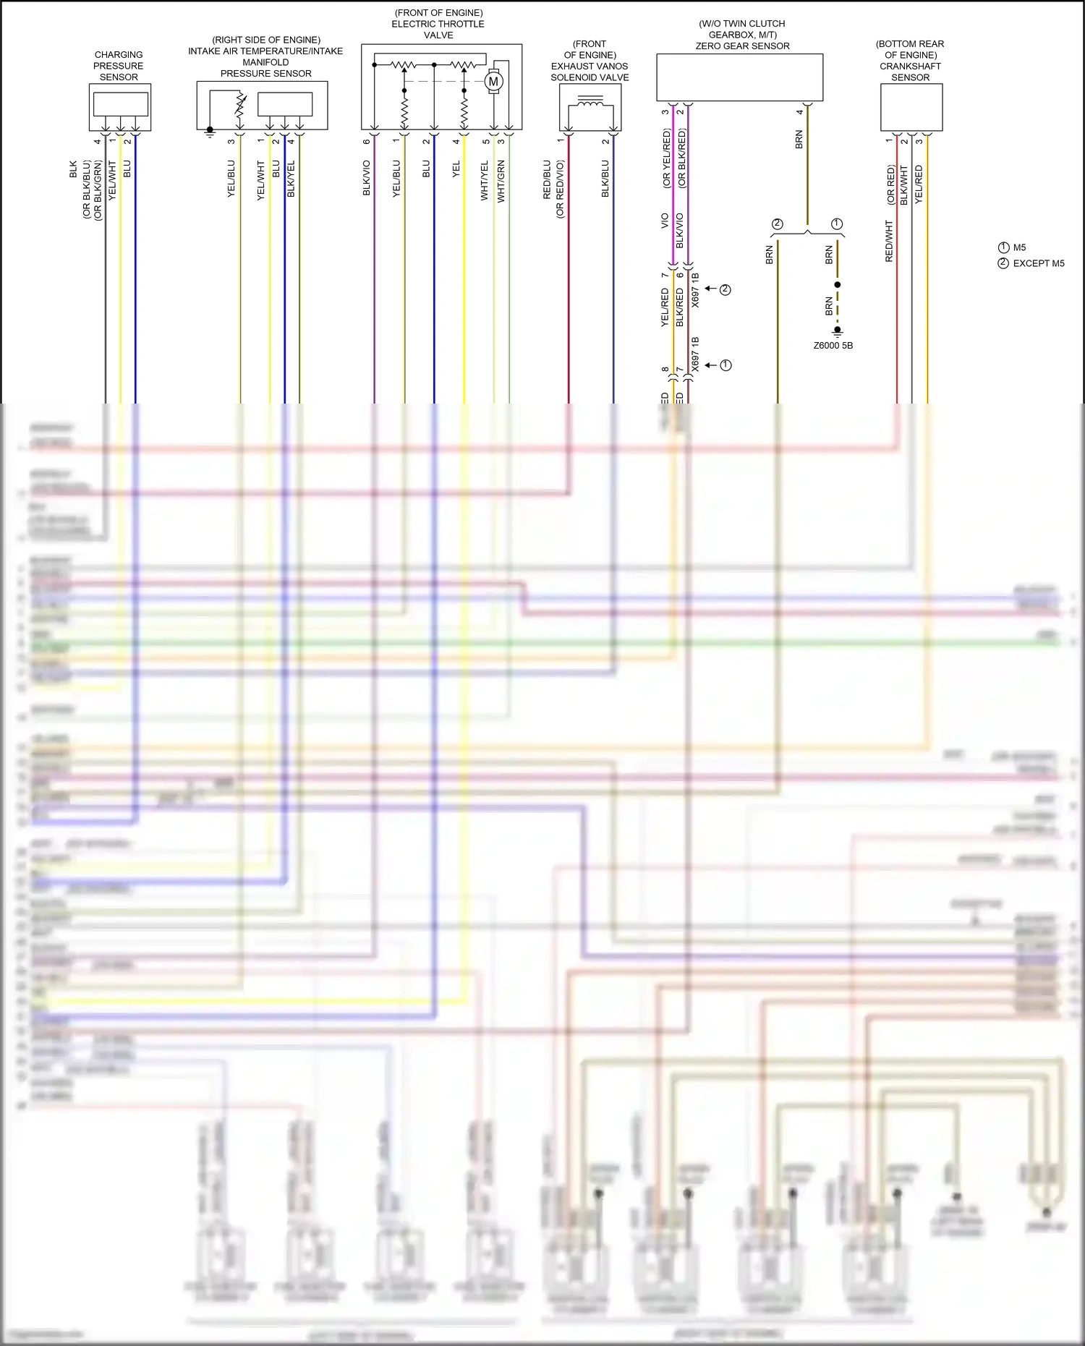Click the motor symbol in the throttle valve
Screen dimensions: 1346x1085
(x=494, y=82)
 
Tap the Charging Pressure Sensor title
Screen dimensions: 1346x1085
(x=119, y=66)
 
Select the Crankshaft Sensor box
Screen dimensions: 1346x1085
(x=911, y=107)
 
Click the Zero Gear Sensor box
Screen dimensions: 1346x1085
(x=739, y=77)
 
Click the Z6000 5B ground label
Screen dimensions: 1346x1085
(x=833, y=346)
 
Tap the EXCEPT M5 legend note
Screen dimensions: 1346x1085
(x=1031, y=263)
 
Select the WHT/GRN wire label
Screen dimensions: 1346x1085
(x=501, y=181)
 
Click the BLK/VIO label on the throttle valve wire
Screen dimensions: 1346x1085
(x=367, y=178)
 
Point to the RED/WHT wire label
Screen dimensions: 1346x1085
(x=889, y=242)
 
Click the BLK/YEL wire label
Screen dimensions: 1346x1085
(x=291, y=179)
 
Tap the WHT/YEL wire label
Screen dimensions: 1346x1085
(x=485, y=181)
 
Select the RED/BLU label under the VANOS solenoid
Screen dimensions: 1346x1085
(x=548, y=179)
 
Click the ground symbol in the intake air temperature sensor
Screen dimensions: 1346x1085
(x=210, y=132)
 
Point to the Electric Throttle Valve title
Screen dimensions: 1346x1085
(x=438, y=24)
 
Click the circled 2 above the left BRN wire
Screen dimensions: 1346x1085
(x=778, y=224)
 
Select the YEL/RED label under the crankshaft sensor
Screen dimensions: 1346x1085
(x=919, y=184)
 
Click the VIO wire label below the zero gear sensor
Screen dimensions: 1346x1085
(x=665, y=221)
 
